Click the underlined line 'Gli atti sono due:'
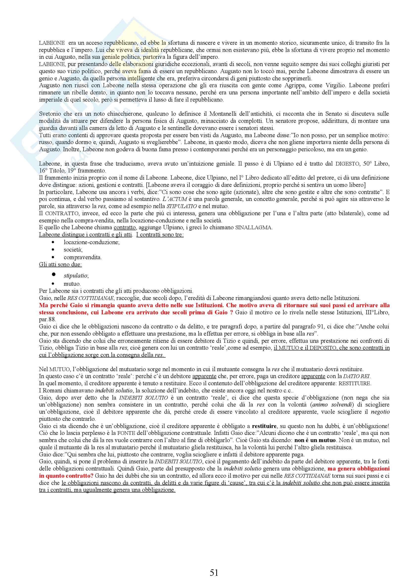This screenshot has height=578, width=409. pyautogui.click(x=60, y=265)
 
